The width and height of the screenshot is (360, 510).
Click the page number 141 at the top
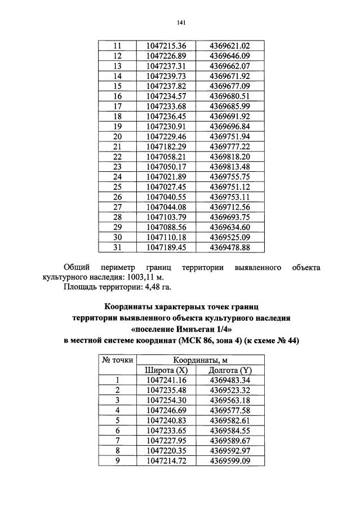[x=181, y=23]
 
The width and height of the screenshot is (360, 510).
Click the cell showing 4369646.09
[x=229, y=56]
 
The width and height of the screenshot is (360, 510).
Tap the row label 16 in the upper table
[x=118, y=96]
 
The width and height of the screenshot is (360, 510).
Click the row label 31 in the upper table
[x=118, y=246]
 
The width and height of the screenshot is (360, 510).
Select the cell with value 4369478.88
[x=229, y=246]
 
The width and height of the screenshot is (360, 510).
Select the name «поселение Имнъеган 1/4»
[x=181, y=329]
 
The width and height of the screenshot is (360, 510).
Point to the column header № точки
[x=118, y=360]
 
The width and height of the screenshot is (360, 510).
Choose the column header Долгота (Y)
[x=229, y=370]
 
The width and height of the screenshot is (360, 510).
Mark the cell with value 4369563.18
[x=229, y=400]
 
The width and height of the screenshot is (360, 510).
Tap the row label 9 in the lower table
[x=118, y=460]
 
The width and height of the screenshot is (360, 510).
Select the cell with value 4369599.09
[x=229, y=460]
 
